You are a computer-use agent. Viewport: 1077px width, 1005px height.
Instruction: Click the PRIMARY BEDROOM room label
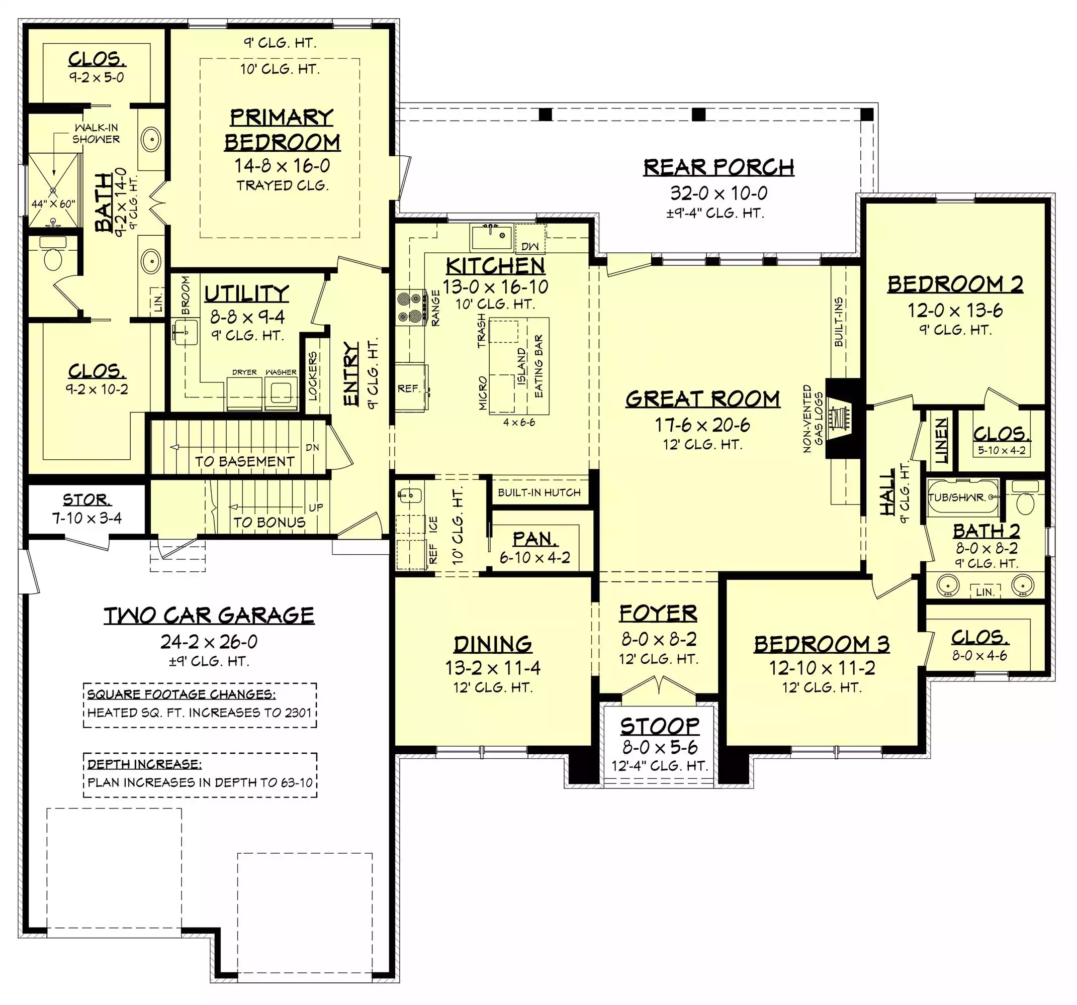coord(282,130)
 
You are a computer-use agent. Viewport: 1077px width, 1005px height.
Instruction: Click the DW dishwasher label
coord(530,246)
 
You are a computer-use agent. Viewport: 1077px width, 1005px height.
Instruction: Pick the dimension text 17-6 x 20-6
coord(702,425)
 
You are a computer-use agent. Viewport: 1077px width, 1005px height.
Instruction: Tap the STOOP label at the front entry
coord(660,726)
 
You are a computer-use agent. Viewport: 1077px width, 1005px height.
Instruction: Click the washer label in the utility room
coord(281,372)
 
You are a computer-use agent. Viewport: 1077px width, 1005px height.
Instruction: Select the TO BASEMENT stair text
coord(244,461)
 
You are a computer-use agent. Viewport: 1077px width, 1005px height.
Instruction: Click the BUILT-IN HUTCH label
coord(539,492)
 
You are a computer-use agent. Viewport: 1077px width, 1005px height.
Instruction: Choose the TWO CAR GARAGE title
coord(209,616)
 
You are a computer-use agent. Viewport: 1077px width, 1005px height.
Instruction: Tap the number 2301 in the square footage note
coord(299,713)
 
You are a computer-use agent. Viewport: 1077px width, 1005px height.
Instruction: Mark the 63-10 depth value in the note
coord(297,782)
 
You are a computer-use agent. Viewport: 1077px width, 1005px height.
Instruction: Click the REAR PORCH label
coord(719,167)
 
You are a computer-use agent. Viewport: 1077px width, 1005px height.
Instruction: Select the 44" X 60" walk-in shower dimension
coord(53,204)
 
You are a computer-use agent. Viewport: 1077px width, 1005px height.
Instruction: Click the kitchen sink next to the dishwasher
coord(491,237)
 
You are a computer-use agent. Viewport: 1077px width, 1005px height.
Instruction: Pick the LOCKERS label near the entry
coord(313,376)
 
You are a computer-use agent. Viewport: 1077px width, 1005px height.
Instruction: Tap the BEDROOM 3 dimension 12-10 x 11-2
coord(822,668)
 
